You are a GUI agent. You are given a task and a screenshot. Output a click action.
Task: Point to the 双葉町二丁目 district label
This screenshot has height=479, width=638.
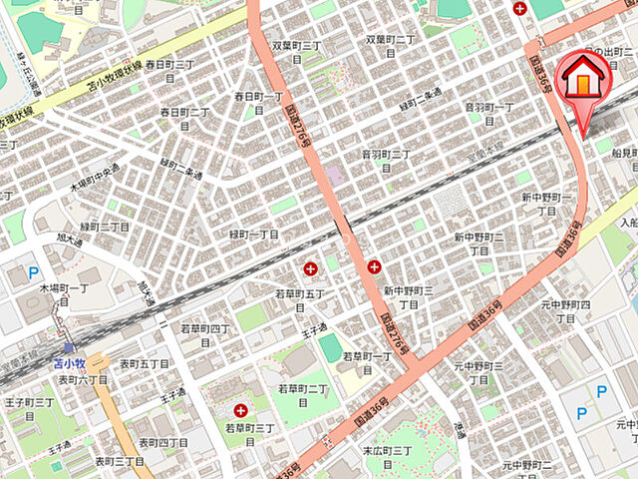[x=391, y=40]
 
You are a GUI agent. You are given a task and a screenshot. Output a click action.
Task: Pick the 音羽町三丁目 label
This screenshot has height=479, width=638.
[x=386, y=161]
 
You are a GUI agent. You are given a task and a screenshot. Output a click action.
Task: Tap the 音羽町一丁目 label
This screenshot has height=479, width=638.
[x=489, y=113]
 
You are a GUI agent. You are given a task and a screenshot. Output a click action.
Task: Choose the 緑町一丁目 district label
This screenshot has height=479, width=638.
[x=254, y=234]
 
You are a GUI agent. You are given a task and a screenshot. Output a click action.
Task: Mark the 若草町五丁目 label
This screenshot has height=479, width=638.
[x=300, y=300]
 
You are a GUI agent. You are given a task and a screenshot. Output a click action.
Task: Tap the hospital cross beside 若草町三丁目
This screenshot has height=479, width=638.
[x=240, y=410]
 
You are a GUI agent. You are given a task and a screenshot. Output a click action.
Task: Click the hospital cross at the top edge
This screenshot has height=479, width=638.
[x=519, y=8]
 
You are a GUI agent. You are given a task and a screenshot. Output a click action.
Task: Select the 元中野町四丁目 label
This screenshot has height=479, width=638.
[x=565, y=310]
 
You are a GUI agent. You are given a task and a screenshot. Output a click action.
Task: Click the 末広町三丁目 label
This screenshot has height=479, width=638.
[x=387, y=458]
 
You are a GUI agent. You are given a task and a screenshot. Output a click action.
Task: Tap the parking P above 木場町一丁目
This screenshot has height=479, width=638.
[x=33, y=271]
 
